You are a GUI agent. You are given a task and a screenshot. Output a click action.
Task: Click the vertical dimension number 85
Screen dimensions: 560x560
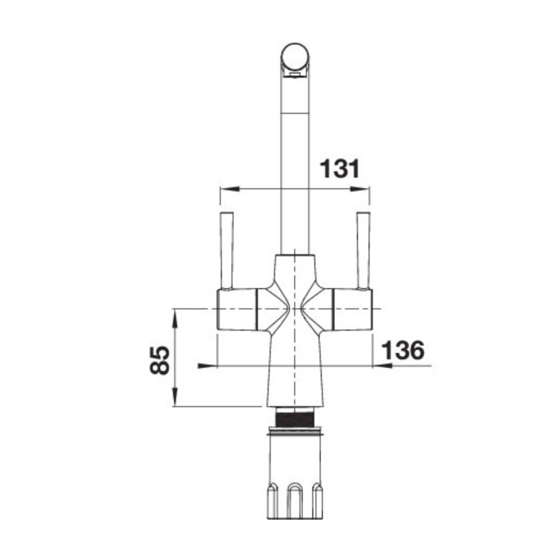pyautogui.click(x=158, y=358)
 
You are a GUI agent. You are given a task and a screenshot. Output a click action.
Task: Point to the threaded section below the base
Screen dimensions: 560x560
pyautogui.click(x=295, y=417)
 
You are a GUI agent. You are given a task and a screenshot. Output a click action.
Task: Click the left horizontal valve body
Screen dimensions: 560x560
pyautogui.click(x=237, y=308)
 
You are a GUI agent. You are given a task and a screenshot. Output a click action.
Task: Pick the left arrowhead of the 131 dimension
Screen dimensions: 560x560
pyautogui.click(x=224, y=188)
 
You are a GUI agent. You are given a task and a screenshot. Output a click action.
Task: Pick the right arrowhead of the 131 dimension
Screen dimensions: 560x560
pyautogui.click(x=366, y=188)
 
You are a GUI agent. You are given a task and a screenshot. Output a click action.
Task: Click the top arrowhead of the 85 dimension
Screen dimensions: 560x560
pyautogui.click(x=174, y=314)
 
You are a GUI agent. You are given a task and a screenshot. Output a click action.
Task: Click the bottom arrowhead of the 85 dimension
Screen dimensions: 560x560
pyautogui.click(x=174, y=401)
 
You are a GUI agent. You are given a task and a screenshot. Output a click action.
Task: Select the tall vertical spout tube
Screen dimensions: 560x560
pyautogui.click(x=294, y=164)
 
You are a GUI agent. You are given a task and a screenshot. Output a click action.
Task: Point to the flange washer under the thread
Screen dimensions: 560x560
pyautogui.click(x=295, y=429)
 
